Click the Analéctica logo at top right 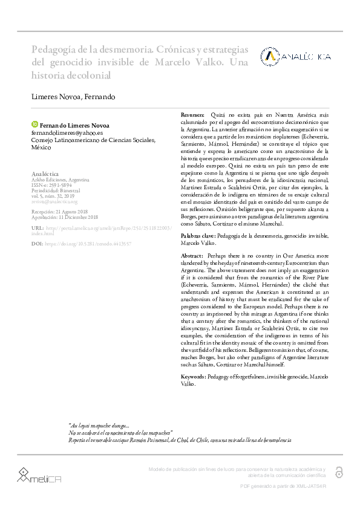point(296,56)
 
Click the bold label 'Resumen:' point(194,115)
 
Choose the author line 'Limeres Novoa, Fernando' point(73,97)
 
